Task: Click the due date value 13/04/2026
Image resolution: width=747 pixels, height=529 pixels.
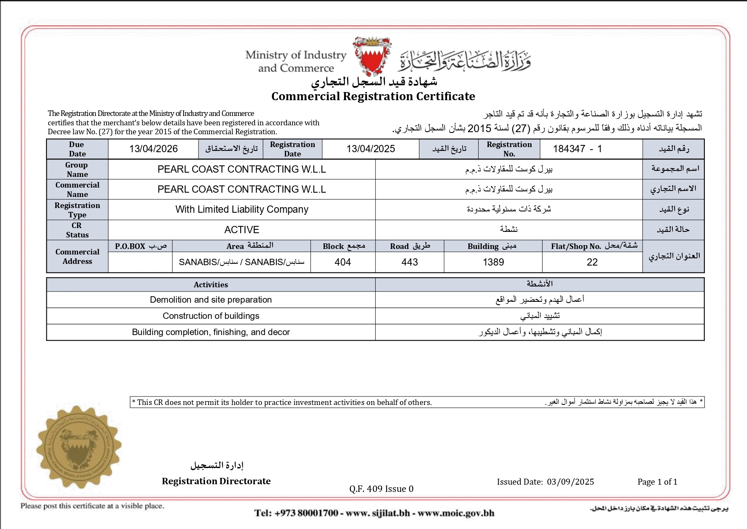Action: [x=153, y=149]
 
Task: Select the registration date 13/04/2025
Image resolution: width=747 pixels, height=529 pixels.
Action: [x=371, y=149]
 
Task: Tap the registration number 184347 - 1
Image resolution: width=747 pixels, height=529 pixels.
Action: [x=577, y=149]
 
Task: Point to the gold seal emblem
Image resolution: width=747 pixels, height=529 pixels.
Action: [x=78, y=446]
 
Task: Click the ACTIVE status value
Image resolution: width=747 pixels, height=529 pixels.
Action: [x=241, y=230]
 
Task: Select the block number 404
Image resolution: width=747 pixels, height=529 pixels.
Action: [x=342, y=262]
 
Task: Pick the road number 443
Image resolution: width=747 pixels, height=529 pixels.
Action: [x=409, y=262]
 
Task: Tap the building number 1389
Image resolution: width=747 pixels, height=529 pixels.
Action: [x=493, y=262]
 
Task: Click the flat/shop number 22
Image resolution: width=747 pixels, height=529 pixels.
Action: [x=592, y=262]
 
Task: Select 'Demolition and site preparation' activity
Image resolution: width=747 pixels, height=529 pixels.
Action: [x=211, y=300]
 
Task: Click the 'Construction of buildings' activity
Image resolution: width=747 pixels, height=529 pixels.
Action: [x=211, y=316]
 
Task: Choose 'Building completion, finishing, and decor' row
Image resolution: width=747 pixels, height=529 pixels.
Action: [x=211, y=332]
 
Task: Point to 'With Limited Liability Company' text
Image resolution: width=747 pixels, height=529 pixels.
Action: [x=241, y=209]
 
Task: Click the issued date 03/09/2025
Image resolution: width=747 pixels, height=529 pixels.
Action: [x=570, y=482]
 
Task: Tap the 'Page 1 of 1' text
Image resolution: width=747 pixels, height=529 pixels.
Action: [x=657, y=482]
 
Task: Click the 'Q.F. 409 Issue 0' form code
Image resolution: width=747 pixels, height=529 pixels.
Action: [x=381, y=489]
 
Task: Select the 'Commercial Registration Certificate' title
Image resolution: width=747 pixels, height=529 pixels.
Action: [x=373, y=96]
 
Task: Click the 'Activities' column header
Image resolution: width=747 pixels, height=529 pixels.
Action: [x=211, y=285]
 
